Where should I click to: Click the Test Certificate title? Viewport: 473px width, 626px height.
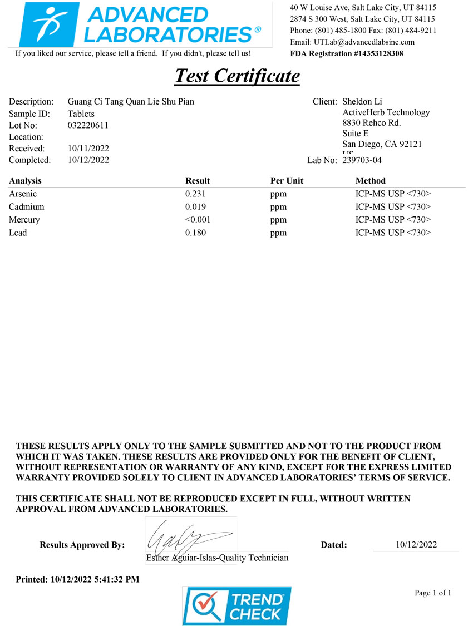click(x=237, y=76)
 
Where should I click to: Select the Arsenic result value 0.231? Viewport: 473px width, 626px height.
click(x=195, y=194)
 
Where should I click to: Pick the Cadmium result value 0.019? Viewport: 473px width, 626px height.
click(x=195, y=206)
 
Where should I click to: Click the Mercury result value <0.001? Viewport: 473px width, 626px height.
click(x=198, y=220)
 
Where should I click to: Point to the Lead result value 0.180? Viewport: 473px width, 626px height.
click(x=195, y=233)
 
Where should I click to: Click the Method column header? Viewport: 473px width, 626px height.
click(x=370, y=181)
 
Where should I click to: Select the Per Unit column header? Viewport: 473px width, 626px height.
click(x=287, y=181)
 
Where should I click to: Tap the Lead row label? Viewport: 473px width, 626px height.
click(x=18, y=233)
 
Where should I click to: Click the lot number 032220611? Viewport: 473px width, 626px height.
click(x=88, y=125)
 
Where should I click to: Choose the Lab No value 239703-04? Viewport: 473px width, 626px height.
click(x=362, y=160)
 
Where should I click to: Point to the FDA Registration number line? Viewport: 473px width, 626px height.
click(x=347, y=53)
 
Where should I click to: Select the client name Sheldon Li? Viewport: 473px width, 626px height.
click(x=362, y=102)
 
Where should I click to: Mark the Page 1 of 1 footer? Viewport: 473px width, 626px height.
click(x=432, y=593)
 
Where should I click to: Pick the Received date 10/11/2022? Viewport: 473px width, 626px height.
click(x=88, y=149)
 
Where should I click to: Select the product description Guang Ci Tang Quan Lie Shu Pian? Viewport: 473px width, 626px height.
click(x=131, y=102)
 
